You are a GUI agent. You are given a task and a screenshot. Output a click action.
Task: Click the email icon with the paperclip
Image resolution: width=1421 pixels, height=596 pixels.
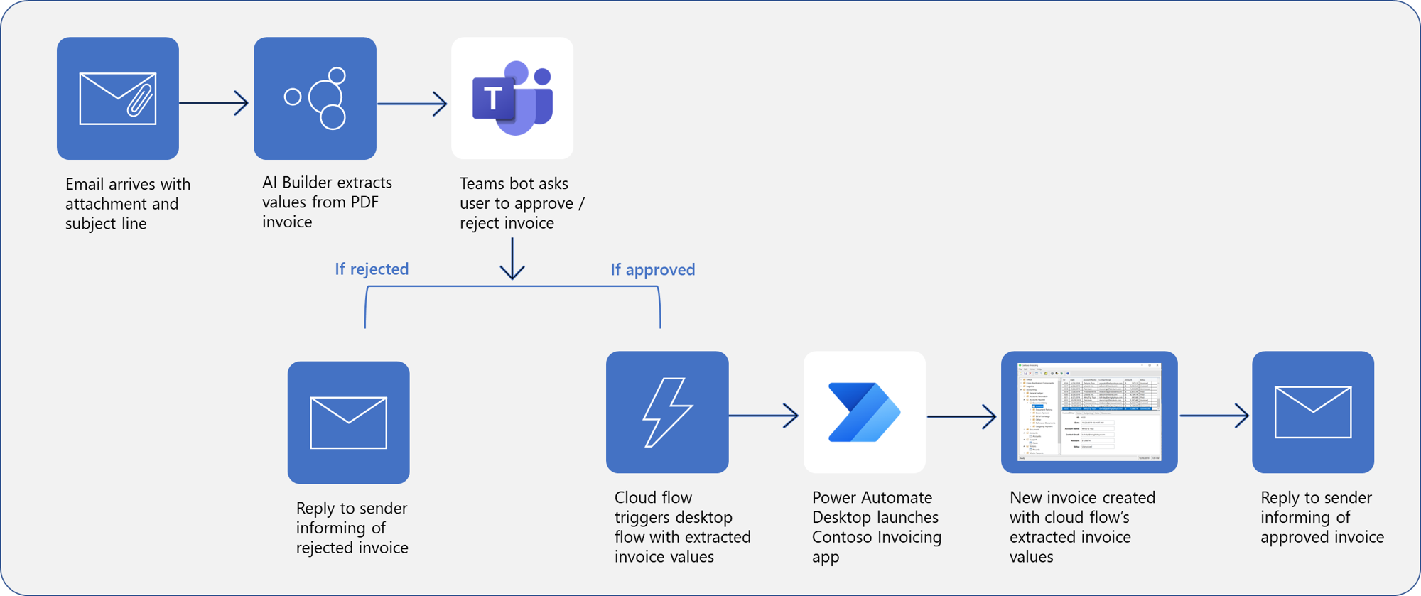coord(118,99)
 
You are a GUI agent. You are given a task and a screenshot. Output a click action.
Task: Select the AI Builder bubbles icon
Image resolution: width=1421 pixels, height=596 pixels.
coord(315,99)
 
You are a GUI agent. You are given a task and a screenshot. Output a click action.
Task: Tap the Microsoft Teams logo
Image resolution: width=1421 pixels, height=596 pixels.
coord(512,99)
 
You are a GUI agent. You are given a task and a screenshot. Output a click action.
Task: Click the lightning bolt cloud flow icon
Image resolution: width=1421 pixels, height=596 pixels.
coord(667,412)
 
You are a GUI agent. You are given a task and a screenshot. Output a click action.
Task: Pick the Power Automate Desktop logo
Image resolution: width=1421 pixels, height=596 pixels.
coord(864,412)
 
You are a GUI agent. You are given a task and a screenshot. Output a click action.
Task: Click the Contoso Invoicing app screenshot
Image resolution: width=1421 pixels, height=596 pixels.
coord(1089,412)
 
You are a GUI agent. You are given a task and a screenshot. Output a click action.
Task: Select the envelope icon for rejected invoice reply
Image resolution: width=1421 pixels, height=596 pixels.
coord(348,423)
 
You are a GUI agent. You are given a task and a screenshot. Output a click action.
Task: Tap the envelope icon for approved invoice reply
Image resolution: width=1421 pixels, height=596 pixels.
coord(1313,412)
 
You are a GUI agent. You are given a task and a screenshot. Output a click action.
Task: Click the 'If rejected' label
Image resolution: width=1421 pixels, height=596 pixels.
coord(372,269)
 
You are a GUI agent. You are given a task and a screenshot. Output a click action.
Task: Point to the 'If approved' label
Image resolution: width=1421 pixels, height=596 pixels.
coord(652,270)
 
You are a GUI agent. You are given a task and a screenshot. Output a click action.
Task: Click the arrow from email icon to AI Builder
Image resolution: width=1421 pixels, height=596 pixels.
coord(215,103)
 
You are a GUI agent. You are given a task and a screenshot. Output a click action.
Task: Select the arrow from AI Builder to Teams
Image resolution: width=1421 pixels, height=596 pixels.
coord(412,104)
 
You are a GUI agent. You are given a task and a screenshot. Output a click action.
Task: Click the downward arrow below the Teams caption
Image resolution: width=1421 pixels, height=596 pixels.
coord(512,260)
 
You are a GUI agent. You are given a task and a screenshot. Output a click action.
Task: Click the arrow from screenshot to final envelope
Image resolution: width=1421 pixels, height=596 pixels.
coord(1214,416)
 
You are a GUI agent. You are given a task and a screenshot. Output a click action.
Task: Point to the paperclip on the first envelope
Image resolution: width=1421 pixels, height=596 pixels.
coord(140,100)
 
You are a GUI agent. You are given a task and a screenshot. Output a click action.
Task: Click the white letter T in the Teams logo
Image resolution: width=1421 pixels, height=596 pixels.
coord(492,99)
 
